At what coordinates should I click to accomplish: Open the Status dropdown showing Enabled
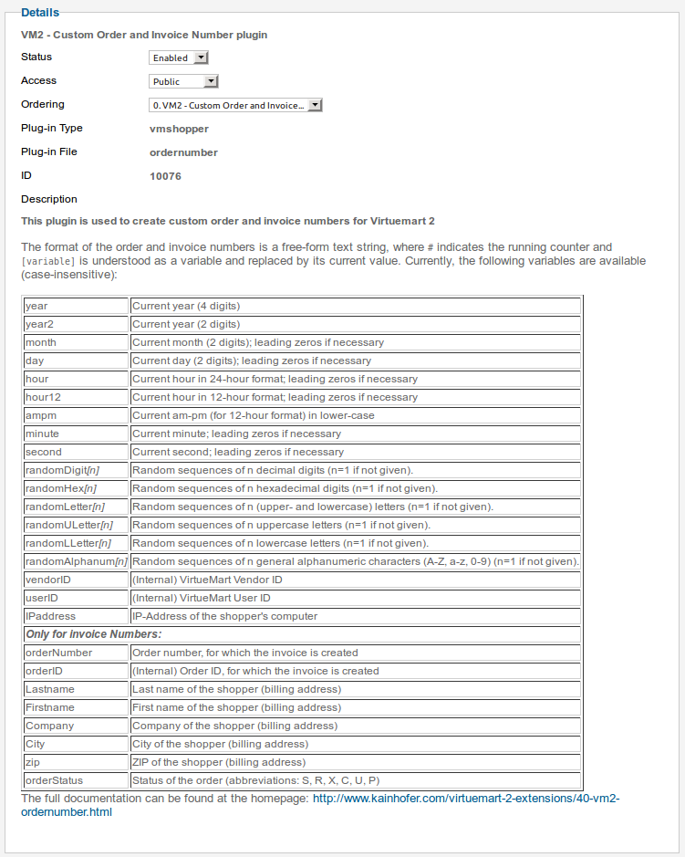(x=180, y=57)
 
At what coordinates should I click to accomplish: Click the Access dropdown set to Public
(x=184, y=81)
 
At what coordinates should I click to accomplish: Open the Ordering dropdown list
(x=235, y=105)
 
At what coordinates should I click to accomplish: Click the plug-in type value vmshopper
(x=179, y=129)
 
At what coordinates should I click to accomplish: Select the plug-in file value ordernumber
(x=183, y=152)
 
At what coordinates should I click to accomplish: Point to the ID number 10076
(x=165, y=176)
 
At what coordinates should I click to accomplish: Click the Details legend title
(x=40, y=13)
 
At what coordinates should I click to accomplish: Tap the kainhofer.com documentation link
(x=466, y=798)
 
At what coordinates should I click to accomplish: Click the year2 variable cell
(x=76, y=324)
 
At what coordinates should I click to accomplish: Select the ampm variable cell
(x=76, y=415)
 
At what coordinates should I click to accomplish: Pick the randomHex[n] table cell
(x=76, y=488)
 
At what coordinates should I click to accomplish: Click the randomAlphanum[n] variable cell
(x=76, y=561)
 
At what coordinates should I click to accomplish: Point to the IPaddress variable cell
(x=76, y=616)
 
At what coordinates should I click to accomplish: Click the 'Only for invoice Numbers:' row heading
(x=93, y=634)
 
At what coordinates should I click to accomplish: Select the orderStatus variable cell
(x=76, y=780)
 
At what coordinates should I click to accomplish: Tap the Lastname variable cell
(x=76, y=689)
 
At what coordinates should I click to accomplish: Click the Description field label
(x=49, y=199)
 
